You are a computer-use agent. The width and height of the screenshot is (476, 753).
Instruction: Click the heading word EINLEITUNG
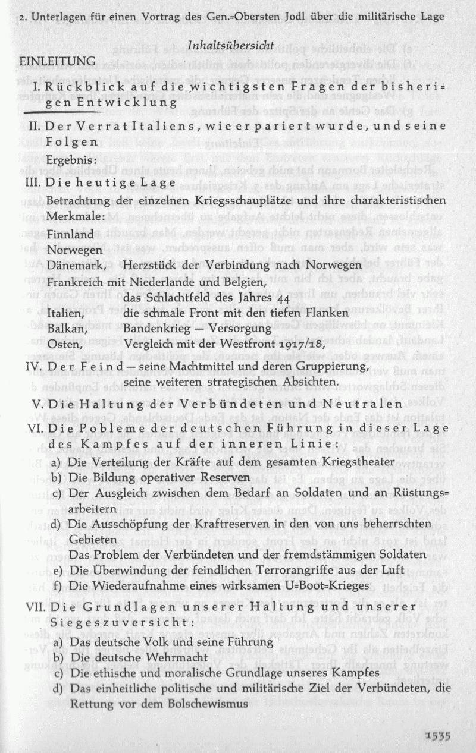tap(57, 61)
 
